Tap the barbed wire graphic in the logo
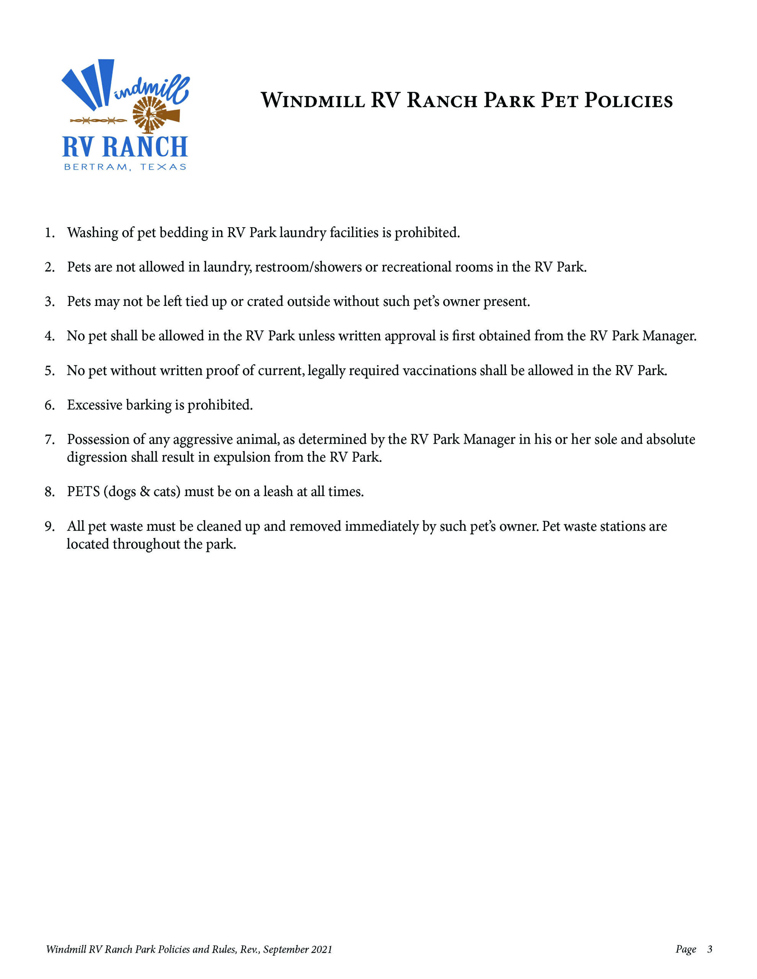pyautogui.click(x=98, y=120)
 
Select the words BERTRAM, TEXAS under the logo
pyautogui.click(x=125, y=167)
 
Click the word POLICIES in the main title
pyautogui.click(x=628, y=101)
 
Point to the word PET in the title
pyautogui.click(x=559, y=101)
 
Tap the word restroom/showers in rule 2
pyautogui.click(x=308, y=267)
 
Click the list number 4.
pyautogui.click(x=49, y=336)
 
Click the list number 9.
pyautogui.click(x=49, y=526)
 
